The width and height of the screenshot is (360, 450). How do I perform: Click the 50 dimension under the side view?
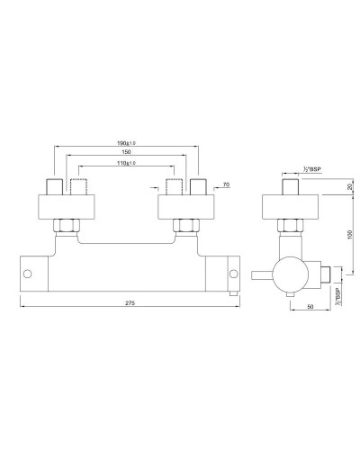pyautogui.click(x=311, y=306)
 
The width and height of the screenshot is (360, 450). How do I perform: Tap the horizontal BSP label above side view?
pyautogui.click(x=291, y=168)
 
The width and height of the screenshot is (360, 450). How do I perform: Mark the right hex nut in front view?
pyautogui.click(x=188, y=226)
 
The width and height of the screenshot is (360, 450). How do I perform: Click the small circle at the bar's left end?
pyautogui.click(x=29, y=272)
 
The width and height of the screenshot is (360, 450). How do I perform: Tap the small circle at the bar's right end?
pyautogui.click(x=233, y=272)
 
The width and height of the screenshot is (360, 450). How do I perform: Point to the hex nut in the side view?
pyautogui.click(x=290, y=226)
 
